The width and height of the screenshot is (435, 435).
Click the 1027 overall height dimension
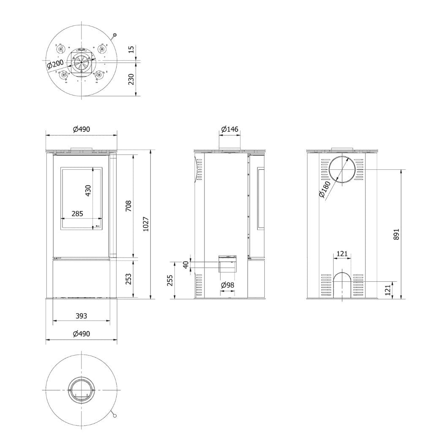click(146, 224)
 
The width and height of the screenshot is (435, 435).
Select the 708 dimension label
click(128, 206)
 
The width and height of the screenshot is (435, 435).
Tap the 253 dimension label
click(128, 279)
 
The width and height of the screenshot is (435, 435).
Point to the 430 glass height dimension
click(88, 190)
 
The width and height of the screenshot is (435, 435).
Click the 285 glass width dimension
click(77, 214)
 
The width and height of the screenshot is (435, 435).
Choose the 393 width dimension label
click(81, 316)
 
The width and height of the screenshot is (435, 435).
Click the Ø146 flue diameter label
click(230, 129)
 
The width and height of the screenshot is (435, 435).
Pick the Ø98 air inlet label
click(228, 285)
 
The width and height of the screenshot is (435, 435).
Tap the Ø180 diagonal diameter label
click(325, 190)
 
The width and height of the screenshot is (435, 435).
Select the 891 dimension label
click(396, 234)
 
